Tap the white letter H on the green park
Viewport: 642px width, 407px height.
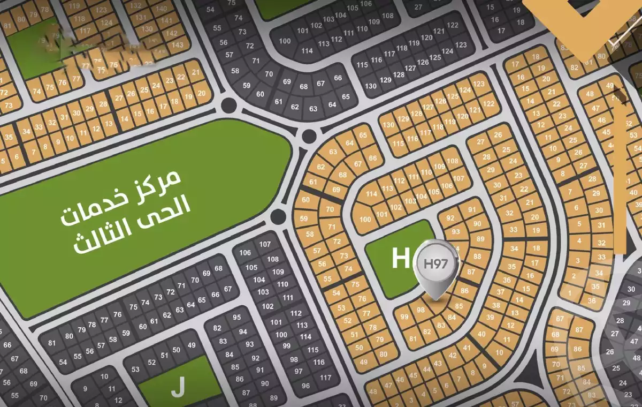tap(400, 258)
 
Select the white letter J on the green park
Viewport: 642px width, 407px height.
tap(178, 387)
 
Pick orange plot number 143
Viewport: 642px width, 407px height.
tap(178, 44)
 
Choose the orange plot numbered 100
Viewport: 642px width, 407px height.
tap(365, 219)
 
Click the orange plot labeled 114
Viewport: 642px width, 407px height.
tap(372, 194)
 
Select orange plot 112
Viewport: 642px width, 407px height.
tap(399, 180)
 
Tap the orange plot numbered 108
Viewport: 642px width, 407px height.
tap(453, 161)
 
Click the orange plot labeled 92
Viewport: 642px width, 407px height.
tap(450, 218)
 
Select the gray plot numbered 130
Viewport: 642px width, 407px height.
tap(371, 86)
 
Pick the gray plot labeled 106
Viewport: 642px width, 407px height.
tap(245, 253)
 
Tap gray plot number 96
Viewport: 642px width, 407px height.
tap(305, 386)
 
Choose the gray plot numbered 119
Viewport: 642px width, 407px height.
tap(415, 43)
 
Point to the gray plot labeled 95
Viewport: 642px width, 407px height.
tap(237, 317)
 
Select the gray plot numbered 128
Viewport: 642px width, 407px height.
tap(399, 74)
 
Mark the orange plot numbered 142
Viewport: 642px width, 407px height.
tap(172, 33)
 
